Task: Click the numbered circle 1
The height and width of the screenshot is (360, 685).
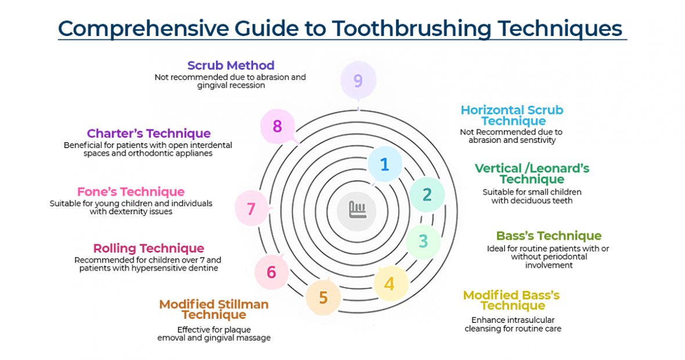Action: pyautogui.click(x=384, y=164)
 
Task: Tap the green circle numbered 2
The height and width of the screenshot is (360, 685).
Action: pyautogui.click(x=427, y=195)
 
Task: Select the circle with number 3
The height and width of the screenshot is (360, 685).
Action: pyautogui.click(x=423, y=241)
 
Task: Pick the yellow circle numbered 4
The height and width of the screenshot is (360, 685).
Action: pyautogui.click(x=390, y=284)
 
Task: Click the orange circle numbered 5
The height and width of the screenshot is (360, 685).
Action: pyautogui.click(x=323, y=298)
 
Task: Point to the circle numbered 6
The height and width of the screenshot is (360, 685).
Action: pyautogui.click(x=271, y=272)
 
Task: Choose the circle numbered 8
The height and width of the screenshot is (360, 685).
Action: pyautogui.click(x=277, y=126)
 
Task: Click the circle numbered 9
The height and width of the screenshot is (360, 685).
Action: pyautogui.click(x=358, y=81)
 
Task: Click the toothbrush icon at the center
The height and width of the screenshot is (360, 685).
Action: pyautogui.click(x=357, y=209)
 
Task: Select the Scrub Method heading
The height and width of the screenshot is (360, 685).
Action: pyautogui.click(x=230, y=65)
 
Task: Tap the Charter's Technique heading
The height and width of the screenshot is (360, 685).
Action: pyautogui.click(x=149, y=134)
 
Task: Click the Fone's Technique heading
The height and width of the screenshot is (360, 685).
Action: pyautogui.click(x=131, y=192)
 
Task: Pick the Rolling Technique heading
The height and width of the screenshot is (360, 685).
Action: pyautogui.click(x=149, y=249)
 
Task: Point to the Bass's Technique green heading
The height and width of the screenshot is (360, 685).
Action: pyautogui.click(x=549, y=236)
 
